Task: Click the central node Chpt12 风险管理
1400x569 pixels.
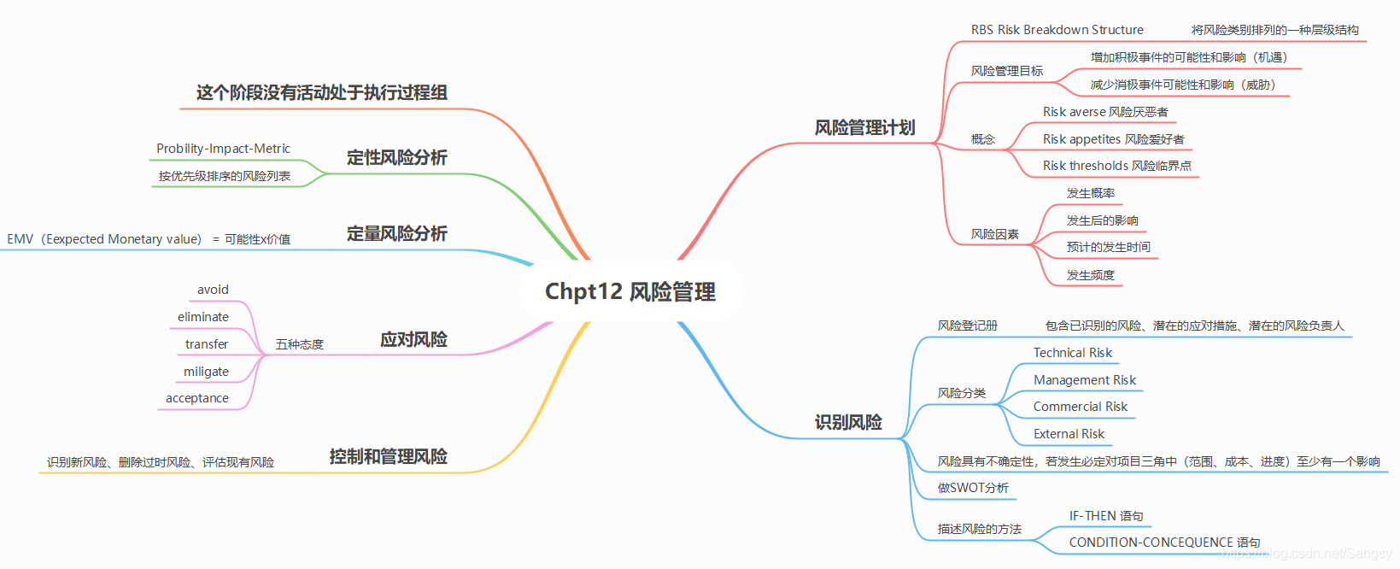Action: (630, 292)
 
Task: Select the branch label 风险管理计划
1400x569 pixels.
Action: (864, 128)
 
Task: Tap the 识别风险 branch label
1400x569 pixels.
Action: (848, 422)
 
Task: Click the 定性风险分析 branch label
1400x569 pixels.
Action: (396, 158)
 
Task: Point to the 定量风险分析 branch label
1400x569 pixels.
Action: (396, 234)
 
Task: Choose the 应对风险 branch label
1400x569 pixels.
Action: (413, 340)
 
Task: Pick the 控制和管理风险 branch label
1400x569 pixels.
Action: (388, 457)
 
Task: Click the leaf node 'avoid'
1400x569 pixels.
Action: (213, 290)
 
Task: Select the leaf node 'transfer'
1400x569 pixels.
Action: (207, 344)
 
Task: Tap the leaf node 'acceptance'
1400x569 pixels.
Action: (197, 398)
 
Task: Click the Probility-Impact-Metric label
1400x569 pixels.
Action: (223, 149)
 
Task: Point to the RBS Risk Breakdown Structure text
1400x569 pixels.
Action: (1057, 30)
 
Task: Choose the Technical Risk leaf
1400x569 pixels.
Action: (1072, 353)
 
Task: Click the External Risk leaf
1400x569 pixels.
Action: (1069, 434)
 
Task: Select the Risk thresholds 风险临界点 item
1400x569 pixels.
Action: (1116, 166)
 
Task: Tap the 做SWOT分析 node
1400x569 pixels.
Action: (973, 488)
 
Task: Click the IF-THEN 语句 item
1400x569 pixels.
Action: (1105, 516)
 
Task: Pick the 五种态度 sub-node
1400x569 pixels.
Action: (300, 344)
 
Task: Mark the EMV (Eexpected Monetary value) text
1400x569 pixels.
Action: (104, 239)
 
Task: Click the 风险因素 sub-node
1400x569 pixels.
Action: (994, 234)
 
